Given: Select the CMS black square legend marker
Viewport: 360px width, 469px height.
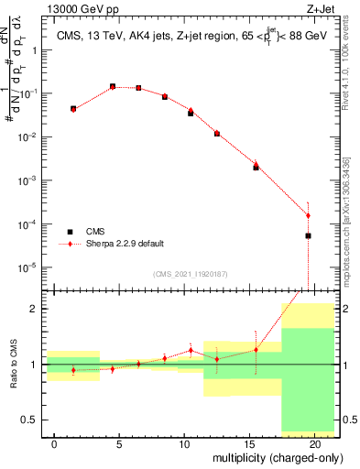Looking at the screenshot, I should (70, 232).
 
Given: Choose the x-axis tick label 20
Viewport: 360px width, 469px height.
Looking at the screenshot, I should (314, 443).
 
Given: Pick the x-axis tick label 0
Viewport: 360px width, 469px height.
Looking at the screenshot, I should (55, 443).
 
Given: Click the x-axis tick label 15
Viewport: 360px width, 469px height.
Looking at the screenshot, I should (249, 443).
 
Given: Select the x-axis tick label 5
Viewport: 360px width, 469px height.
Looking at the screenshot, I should (120, 443).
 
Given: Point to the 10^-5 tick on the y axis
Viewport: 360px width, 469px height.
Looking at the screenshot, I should (29, 267).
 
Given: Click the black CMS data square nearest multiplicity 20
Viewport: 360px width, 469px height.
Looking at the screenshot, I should (308, 235).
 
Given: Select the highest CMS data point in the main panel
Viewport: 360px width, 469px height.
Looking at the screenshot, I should (113, 87).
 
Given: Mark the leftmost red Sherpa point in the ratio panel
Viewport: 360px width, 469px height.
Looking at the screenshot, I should (73, 370).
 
